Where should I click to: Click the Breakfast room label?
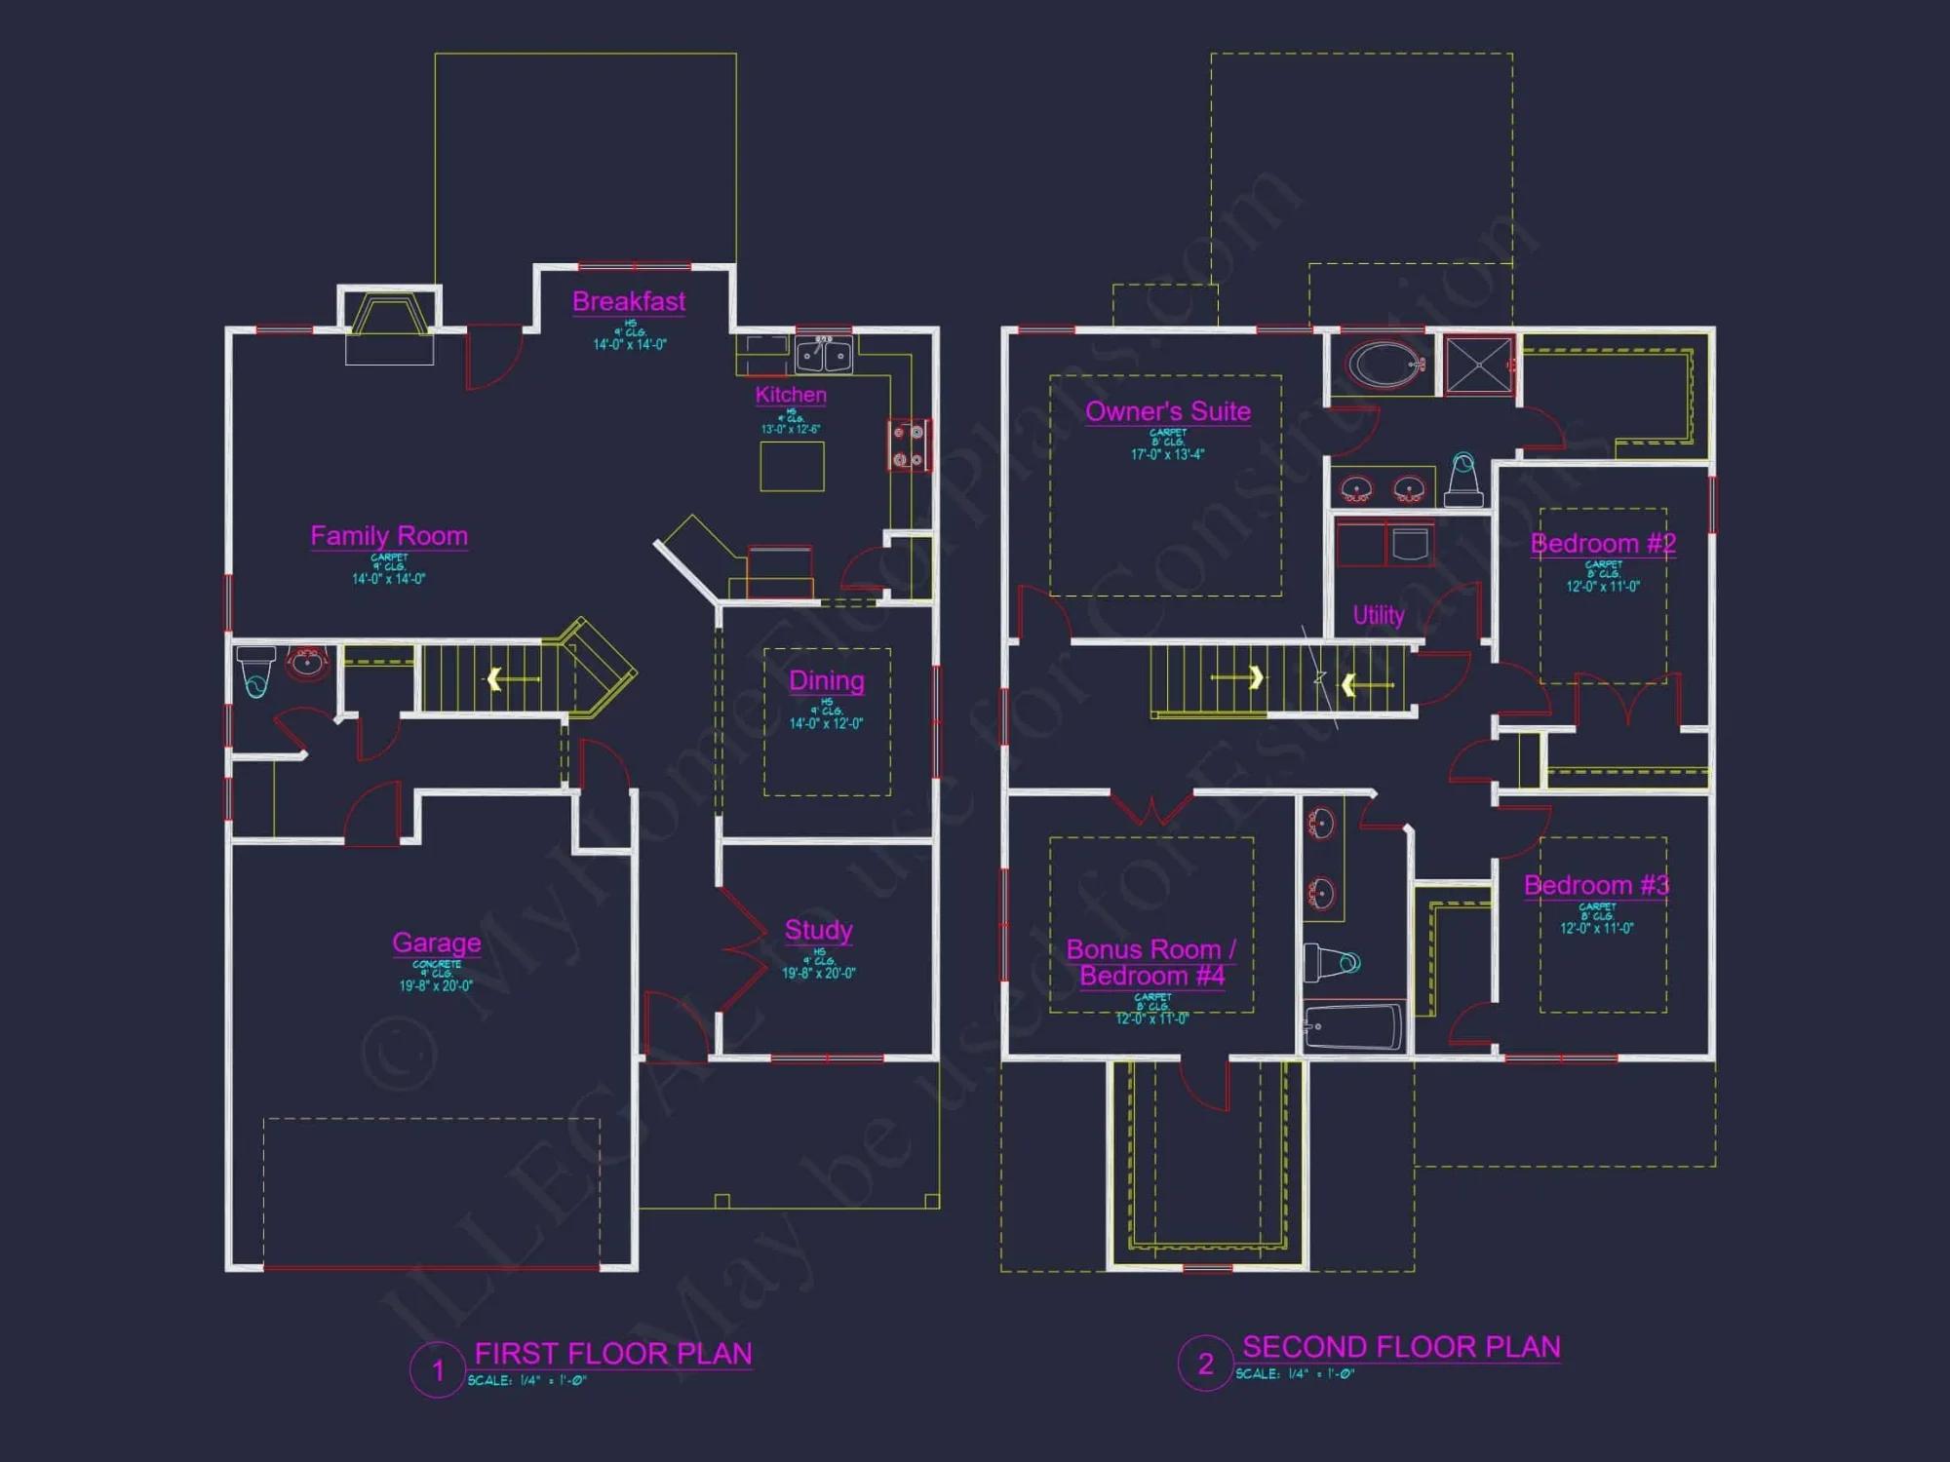pyautogui.click(x=629, y=302)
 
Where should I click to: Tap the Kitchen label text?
pyautogui.click(x=791, y=395)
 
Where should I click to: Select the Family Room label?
pyautogui.click(x=389, y=536)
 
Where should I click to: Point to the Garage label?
pyautogui.click(x=436, y=943)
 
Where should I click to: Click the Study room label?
pyautogui.click(x=818, y=930)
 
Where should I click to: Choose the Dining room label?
pyautogui.click(x=826, y=680)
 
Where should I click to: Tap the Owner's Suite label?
pyautogui.click(x=1168, y=411)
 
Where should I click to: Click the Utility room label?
pyautogui.click(x=1379, y=615)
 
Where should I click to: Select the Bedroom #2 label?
pyautogui.click(x=1603, y=544)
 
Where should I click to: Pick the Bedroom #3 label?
pyautogui.click(x=1596, y=885)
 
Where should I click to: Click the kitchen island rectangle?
pyautogui.click(x=792, y=466)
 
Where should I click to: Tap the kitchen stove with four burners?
pyautogui.click(x=908, y=445)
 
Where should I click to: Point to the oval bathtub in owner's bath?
pyautogui.click(x=1383, y=365)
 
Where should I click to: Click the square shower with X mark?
pyautogui.click(x=1478, y=365)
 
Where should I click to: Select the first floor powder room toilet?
pyautogui.click(x=256, y=671)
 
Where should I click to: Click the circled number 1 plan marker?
pyautogui.click(x=438, y=1370)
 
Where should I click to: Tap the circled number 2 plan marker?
pyautogui.click(x=1206, y=1364)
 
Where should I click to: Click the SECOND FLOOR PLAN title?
pyautogui.click(x=1401, y=1347)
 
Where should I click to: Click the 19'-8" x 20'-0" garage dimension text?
pyautogui.click(x=436, y=985)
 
